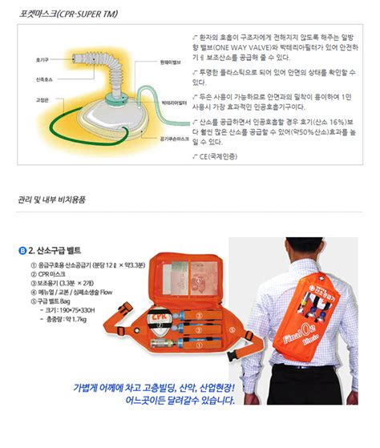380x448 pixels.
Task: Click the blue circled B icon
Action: pos(22,250)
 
